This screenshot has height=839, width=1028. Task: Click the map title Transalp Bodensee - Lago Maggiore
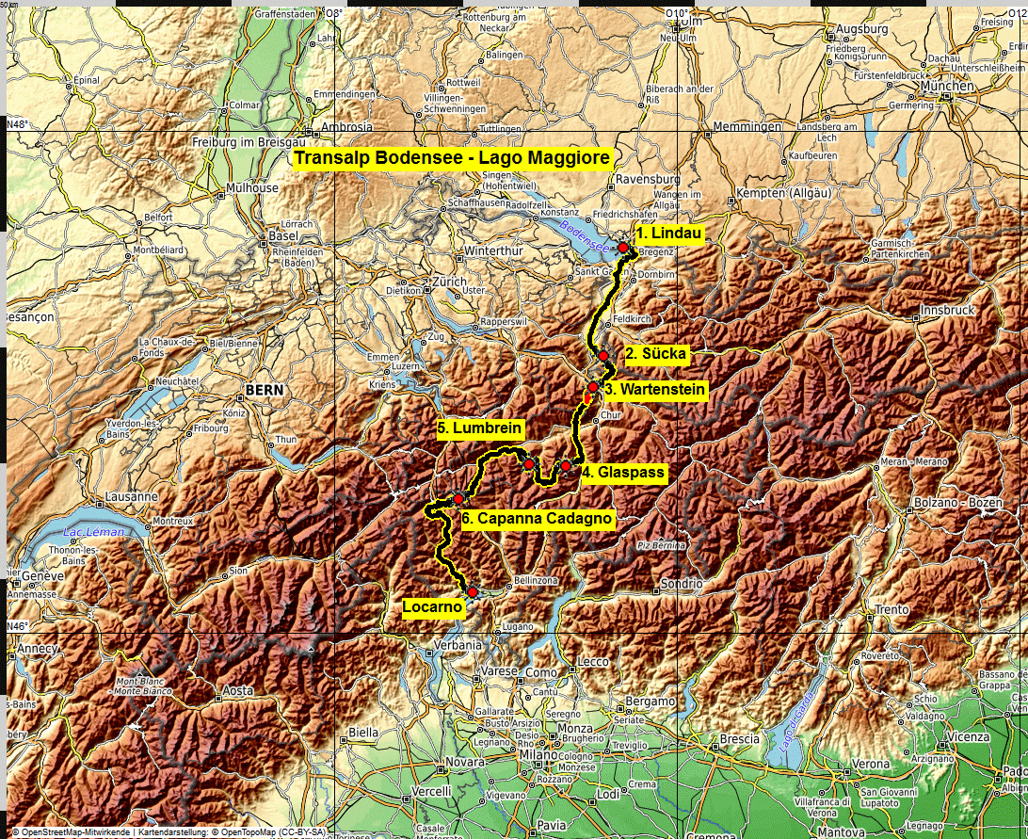point(452,158)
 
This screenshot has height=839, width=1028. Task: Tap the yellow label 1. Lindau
point(668,233)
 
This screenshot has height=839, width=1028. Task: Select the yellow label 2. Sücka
point(657,355)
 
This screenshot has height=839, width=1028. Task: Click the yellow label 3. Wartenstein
point(654,389)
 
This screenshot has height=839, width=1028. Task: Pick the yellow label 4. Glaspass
point(623,473)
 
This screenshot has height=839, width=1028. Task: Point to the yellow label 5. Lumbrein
point(480,428)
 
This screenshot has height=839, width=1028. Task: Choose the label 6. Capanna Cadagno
point(538,518)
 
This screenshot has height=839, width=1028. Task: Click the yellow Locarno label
point(432,607)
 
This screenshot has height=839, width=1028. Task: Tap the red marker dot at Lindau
point(623,247)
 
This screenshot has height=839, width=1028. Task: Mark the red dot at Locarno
point(472,591)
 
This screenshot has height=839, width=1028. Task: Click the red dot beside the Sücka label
point(602,356)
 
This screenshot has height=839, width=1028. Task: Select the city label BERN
point(263,389)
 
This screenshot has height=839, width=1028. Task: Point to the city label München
point(949,86)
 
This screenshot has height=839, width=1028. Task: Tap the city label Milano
point(539,755)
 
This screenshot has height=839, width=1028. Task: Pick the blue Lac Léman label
point(88,534)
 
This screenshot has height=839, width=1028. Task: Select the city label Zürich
point(448,282)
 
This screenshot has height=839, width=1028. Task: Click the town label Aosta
point(237,691)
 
